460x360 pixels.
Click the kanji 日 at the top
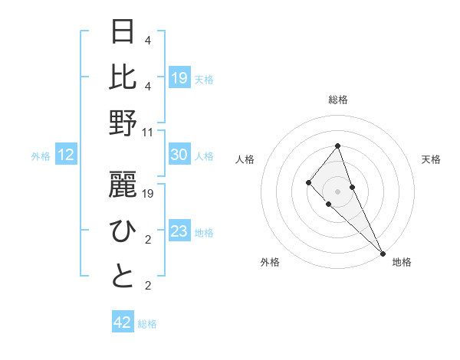click(123, 31)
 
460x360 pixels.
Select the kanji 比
click(123, 77)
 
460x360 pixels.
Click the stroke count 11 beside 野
click(148, 132)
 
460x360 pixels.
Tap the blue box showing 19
click(179, 77)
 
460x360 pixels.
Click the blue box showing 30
click(179, 155)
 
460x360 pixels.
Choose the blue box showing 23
click(179, 231)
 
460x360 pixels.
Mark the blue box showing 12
click(66, 155)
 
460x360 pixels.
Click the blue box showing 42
click(123, 322)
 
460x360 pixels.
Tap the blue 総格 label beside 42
click(147, 324)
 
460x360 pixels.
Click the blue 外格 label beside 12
click(41, 156)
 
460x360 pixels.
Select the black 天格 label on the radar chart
click(431, 159)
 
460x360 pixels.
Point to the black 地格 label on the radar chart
click(402, 263)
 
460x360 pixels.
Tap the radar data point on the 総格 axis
click(337, 146)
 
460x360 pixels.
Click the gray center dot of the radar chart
click(337, 191)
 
